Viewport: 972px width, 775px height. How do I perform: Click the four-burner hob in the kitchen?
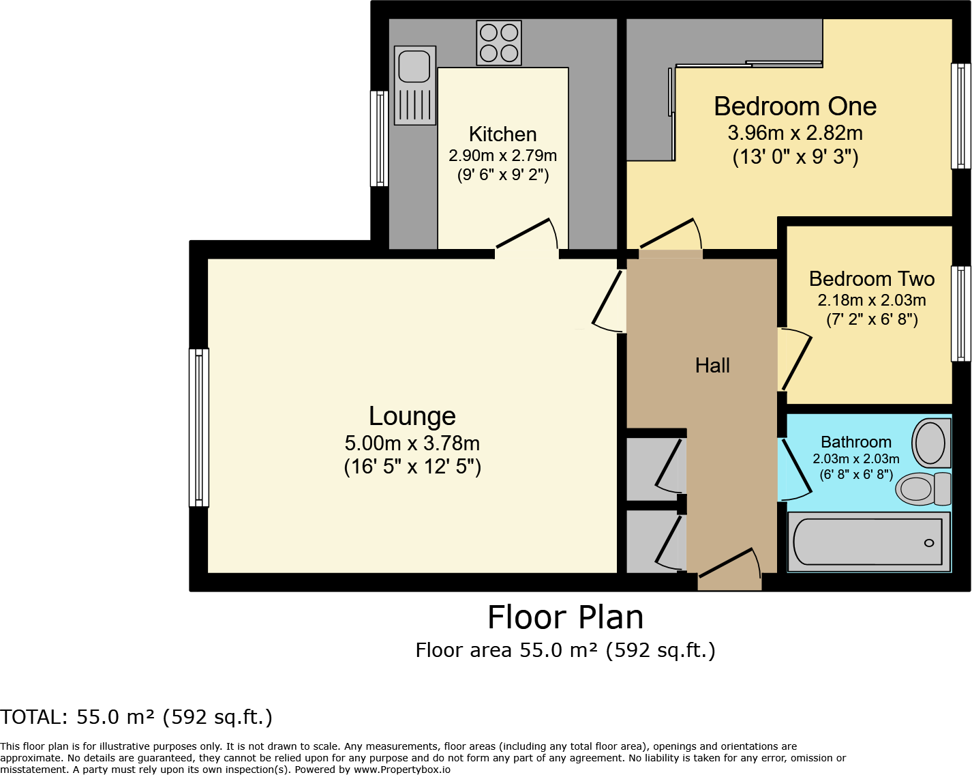coord(499,42)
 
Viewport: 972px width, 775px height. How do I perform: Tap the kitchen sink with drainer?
coord(415,85)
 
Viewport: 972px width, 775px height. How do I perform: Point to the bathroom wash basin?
coord(931,443)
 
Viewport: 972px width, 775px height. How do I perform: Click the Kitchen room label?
coord(502,134)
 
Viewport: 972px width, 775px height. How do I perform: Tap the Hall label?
coord(712,366)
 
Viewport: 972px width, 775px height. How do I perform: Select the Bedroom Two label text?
coord(871,279)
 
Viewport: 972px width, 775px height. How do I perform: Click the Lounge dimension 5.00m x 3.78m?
coord(412,443)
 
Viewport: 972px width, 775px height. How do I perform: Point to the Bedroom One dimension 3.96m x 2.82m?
coord(795,133)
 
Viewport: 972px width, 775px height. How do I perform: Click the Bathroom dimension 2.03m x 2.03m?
coord(855,459)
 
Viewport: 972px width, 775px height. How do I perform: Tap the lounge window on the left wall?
coord(199,428)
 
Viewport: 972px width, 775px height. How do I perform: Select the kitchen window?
coord(379,138)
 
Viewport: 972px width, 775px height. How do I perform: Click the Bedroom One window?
coord(960,116)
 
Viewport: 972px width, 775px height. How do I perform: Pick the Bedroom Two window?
coord(960,314)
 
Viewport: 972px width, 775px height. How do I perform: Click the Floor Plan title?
coord(565,617)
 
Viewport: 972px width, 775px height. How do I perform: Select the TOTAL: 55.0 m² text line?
coord(136,717)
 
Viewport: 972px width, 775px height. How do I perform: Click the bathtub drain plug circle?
coord(929,543)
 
